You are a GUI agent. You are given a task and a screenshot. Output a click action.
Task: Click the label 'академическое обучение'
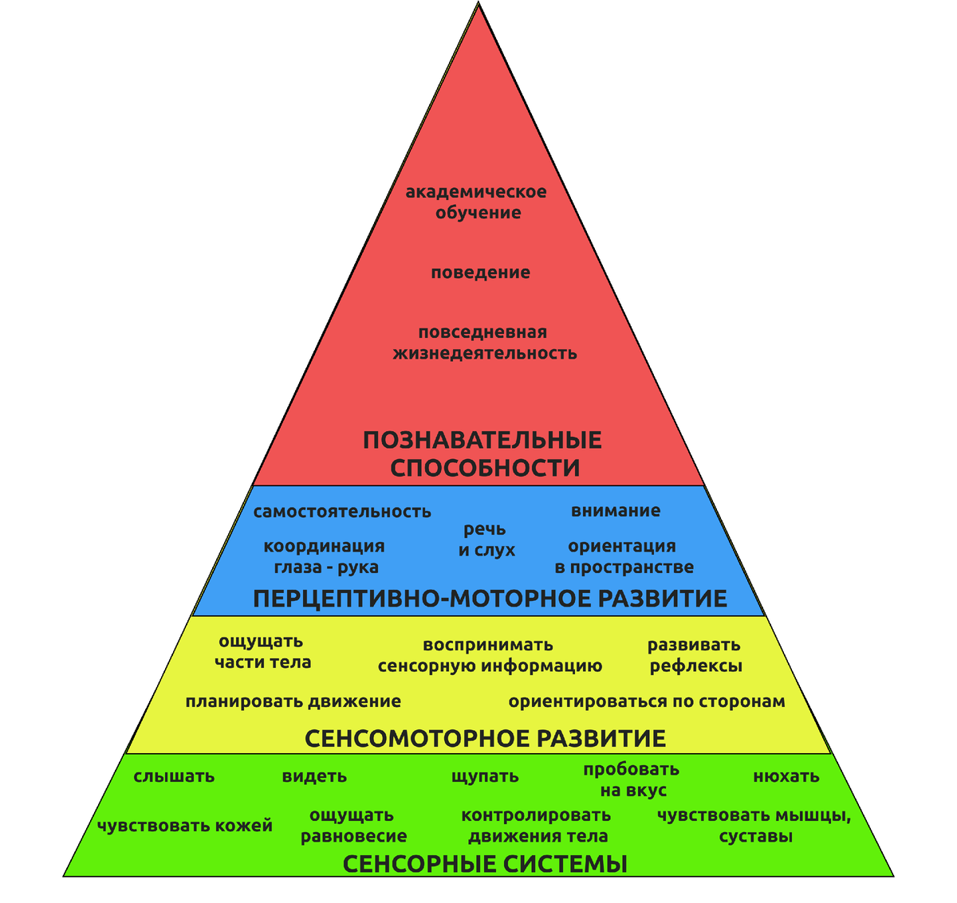click(476, 202)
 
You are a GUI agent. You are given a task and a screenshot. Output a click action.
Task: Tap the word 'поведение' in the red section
click(480, 273)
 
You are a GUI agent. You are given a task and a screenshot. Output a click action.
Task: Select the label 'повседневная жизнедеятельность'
click(484, 343)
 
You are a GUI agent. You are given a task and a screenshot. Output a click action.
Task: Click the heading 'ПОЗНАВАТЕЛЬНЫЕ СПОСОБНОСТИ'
click(482, 453)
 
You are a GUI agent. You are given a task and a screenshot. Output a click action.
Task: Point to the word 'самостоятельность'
click(342, 512)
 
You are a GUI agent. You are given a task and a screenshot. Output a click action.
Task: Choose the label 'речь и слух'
click(486, 540)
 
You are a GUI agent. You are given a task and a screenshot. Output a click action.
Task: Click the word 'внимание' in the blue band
click(615, 511)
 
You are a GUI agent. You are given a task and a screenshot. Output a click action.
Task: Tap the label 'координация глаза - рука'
click(325, 556)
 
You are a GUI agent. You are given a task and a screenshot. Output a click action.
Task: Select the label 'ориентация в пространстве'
click(624, 556)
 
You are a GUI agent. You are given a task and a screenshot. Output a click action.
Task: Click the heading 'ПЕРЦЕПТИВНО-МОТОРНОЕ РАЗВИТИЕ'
click(490, 599)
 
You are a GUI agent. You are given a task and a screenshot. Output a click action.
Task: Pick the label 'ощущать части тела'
click(262, 652)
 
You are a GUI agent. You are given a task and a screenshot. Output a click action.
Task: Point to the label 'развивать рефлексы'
click(695, 655)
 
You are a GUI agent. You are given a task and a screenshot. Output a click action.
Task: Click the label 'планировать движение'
click(293, 702)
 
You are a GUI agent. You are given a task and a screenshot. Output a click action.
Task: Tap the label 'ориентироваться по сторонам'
click(647, 702)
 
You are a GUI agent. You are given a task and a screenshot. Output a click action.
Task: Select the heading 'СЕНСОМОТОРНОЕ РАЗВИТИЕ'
click(485, 739)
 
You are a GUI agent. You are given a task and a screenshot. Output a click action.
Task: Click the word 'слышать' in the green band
click(174, 777)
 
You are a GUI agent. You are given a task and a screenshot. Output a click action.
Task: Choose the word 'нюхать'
click(786, 777)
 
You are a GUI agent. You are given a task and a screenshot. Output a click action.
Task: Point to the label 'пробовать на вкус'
click(632, 779)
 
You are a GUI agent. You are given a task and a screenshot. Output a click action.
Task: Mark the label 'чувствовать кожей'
click(184, 826)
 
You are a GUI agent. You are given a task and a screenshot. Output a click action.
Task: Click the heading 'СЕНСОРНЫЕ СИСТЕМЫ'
click(485, 864)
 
